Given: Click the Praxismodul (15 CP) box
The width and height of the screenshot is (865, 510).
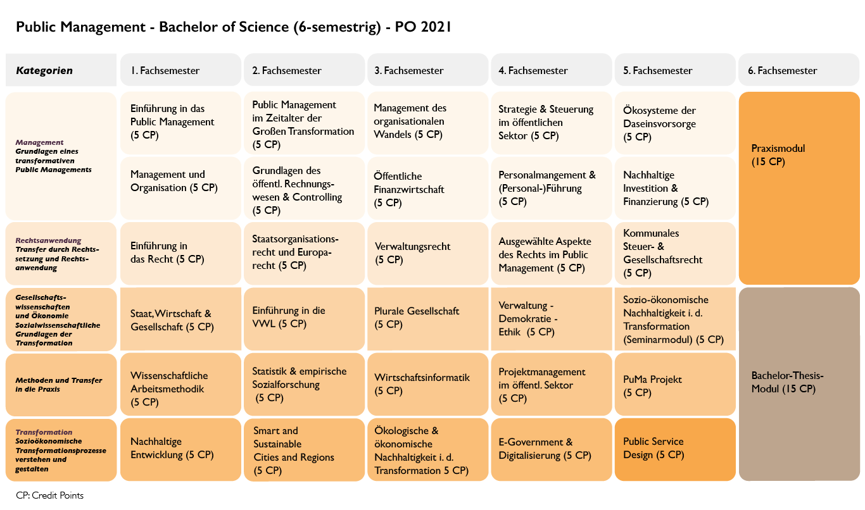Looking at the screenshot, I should coord(798,188).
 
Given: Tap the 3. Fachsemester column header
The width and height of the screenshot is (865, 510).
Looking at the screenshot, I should coord(428,70).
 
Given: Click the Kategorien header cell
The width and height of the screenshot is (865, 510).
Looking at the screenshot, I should coord(61,70).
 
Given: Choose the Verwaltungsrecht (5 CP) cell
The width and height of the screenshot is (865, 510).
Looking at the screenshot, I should coord(428,253).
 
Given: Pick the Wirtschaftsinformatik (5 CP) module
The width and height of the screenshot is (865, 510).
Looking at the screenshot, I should coord(428,384).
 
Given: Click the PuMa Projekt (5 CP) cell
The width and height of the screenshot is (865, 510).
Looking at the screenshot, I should coord(674,386).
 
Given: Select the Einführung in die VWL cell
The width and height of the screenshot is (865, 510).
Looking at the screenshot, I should coord(304,318).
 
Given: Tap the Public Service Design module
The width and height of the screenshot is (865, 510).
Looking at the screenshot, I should coord(674,449).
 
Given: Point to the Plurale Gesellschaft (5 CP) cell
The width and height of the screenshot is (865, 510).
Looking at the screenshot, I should coord(428,318).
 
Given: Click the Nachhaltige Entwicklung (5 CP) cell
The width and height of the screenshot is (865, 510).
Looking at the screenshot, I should coord(180,449).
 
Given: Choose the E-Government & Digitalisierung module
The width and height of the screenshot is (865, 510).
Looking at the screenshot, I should coord(551,449).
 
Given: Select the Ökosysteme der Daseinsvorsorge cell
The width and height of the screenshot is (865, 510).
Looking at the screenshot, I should coord(674,123).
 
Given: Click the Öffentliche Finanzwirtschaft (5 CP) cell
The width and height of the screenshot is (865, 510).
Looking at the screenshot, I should coord(428,189).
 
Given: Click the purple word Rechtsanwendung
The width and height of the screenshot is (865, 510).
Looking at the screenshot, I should coord(49,240).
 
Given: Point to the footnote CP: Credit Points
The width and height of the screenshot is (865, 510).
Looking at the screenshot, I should coord(50,495).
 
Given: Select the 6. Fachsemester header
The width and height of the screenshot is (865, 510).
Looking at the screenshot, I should coord(798,70).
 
